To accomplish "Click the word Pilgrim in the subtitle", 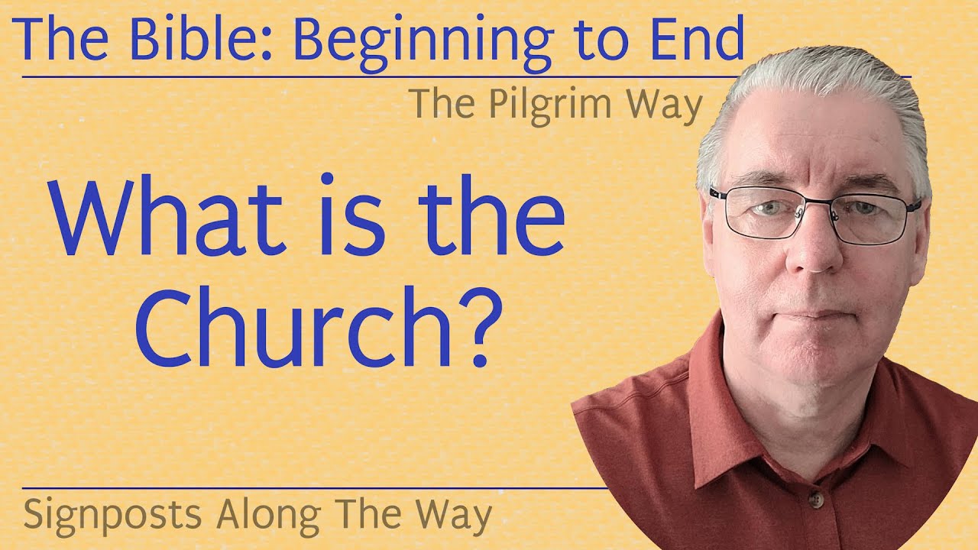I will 557,105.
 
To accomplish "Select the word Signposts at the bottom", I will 113,516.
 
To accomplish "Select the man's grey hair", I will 810,84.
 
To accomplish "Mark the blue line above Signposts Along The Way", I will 306,487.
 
